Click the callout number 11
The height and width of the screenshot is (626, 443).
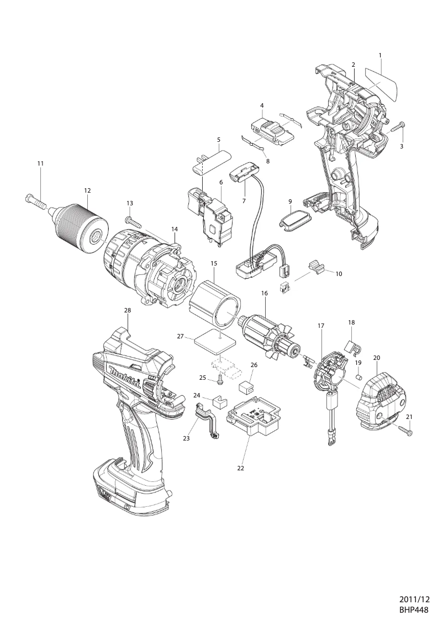pyautogui.click(x=40, y=163)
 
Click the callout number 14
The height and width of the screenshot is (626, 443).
pyautogui.click(x=175, y=229)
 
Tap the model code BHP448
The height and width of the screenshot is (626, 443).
pyautogui.click(x=414, y=610)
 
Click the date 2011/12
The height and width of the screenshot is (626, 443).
pyautogui.click(x=414, y=599)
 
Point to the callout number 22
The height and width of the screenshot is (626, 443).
pyautogui.click(x=240, y=468)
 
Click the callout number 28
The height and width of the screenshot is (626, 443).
pyautogui.click(x=128, y=311)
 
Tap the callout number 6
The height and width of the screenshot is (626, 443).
pyautogui.click(x=220, y=182)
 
